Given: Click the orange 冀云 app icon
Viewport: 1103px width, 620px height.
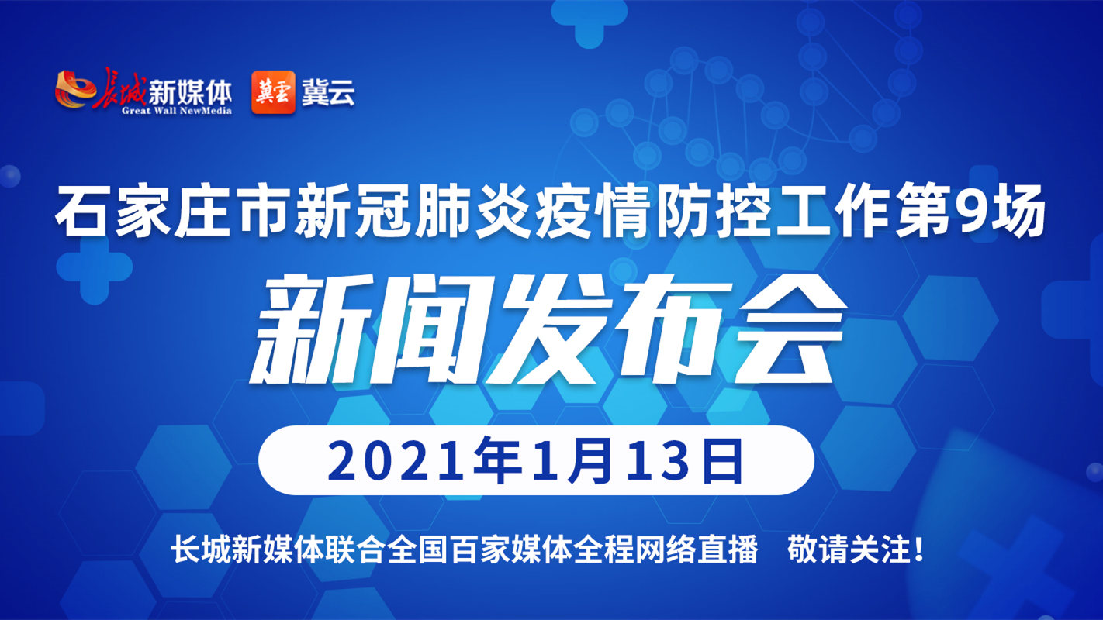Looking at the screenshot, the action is (273, 92).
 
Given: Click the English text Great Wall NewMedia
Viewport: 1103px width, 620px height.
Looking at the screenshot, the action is (177, 111).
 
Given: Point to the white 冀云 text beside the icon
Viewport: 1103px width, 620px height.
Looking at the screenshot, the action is (328, 91).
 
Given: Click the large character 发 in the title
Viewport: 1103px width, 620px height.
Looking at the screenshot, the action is (541, 329).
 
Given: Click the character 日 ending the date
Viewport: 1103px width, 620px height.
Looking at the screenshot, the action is (723, 462).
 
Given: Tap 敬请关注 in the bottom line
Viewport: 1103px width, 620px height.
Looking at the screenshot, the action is (848, 549).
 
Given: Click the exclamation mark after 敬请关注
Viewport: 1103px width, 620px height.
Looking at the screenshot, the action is (918, 549).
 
